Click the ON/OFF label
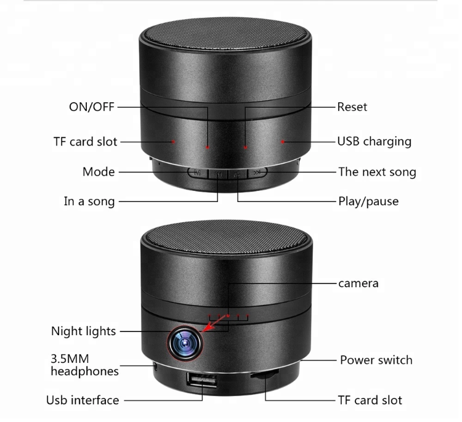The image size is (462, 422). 91,107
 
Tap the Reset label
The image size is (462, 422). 352,107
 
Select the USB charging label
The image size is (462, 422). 374,141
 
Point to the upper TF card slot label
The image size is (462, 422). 85,142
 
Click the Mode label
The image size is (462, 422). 99,172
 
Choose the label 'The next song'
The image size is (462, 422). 377,172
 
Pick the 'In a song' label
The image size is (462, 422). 89,201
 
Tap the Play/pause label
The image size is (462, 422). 368,201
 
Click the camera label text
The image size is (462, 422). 358,283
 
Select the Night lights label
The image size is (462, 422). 83,331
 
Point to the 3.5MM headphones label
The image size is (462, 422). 84,365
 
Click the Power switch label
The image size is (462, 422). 376,360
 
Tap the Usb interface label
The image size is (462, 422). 83,400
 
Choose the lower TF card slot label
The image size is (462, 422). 370,400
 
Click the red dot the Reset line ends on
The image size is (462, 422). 245,147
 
